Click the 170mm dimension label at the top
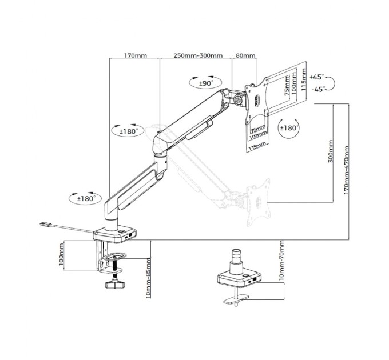coord(135,55)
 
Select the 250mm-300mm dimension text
coord(198,55)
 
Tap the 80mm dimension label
coord(245,55)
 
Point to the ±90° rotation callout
coord(205,82)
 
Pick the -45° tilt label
coord(319,89)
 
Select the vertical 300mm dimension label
coord(331,151)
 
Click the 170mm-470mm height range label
coord(346,170)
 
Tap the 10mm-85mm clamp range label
coord(148,278)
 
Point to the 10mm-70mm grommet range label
coord(281,261)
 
